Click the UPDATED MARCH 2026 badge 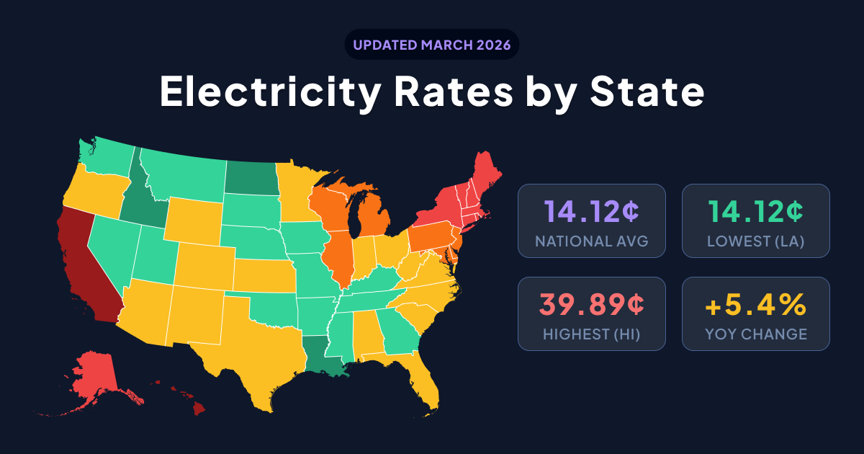[432, 45]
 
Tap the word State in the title [647, 92]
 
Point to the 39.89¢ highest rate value [591, 305]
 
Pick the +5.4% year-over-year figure [755, 305]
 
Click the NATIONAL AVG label [591, 241]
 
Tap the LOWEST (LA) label [755, 241]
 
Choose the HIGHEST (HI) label [591, 334]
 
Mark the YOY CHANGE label [755, 334]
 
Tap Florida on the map [425, 378]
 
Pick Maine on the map [485, 177]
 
